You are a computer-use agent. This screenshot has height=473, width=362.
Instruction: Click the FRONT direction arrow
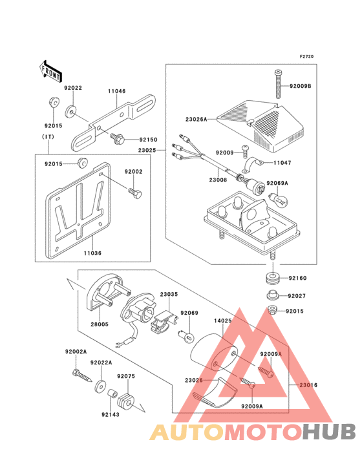pos(50,71)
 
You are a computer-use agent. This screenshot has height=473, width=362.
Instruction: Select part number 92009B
pos(300,86)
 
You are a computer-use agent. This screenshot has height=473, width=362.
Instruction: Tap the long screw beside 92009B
pos(279,84)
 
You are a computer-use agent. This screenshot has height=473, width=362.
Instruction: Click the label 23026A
pos(196,120)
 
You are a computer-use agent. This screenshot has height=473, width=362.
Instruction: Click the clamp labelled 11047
pos(253,165)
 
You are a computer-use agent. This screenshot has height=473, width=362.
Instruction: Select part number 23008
pos(218,180)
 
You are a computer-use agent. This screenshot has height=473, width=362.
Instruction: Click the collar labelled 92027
pos(273,295)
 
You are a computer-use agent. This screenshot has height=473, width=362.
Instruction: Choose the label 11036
pos(92,253)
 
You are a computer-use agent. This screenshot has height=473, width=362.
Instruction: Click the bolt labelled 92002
pos(134,193)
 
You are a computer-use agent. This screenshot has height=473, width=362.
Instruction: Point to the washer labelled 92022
pos(71,112)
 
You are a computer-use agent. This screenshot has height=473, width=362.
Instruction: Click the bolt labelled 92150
pos(118,138)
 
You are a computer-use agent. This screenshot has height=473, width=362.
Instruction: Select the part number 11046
pos(117,91)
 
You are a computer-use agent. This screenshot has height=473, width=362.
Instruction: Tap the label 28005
pos(100,324)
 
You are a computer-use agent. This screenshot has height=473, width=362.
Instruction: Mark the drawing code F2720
pos(306,56)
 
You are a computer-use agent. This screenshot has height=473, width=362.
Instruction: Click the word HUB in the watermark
pos(329,432)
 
